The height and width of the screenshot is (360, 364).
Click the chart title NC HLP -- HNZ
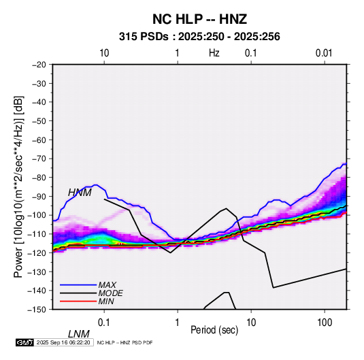pos(199,19)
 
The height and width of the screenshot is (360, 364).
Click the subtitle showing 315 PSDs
pos(199,37)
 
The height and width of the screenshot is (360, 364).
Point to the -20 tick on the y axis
pos(39,65)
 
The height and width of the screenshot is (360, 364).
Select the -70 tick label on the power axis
pos(39,159)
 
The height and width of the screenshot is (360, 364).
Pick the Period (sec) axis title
pos(214,329)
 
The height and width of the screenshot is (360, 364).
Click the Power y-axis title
pos(18,187)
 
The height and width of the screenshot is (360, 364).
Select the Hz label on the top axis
pos(214,53)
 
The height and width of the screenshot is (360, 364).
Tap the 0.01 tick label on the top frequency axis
pos(324,53)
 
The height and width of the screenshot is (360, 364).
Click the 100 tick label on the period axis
pos(325,323)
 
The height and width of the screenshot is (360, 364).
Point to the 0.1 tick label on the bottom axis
pos(103,323)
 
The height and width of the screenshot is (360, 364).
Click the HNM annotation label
pos(80,193)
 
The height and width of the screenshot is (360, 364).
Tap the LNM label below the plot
pos(78,334)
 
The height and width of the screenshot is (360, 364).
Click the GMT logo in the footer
pos(24,342)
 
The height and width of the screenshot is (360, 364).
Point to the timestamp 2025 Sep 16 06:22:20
pos(63,342)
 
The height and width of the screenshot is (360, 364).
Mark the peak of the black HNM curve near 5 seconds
pos(226,208)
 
